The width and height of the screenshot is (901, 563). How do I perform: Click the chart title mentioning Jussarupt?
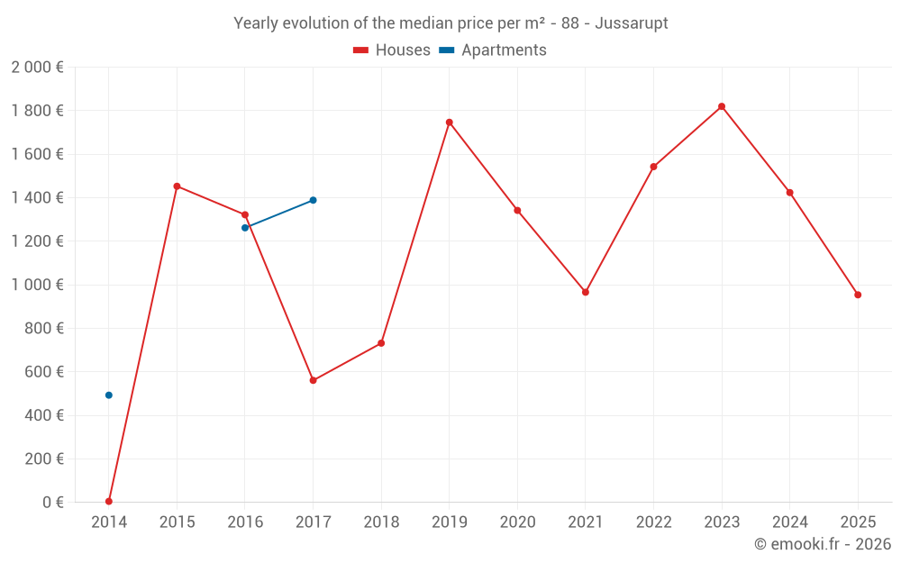[450, 23]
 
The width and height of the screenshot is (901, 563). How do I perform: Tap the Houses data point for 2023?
[722, 106]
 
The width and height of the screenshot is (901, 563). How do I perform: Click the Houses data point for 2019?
[450, 123]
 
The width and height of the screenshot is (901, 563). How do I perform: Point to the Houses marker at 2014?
[109, 501]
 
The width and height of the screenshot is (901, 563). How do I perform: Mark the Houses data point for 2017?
[313, 380]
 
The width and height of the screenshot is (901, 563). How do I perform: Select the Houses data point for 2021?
[586, 292]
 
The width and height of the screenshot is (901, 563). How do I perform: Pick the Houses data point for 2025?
[858, 295]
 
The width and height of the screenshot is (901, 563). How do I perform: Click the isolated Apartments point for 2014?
[109, 395]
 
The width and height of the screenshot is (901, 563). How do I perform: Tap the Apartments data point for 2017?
[313, 200]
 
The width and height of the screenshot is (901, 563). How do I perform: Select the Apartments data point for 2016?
[245, 228]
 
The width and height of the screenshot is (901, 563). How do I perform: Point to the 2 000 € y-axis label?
[37, 68]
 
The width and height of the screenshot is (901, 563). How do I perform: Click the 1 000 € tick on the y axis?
[37, 285]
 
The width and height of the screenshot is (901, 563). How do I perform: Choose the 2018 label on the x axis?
[381, 522]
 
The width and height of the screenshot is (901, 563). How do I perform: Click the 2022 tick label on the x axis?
[653, 522]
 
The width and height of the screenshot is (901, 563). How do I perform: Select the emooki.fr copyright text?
[822, 544]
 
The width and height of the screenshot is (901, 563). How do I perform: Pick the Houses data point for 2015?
[177, 186]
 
